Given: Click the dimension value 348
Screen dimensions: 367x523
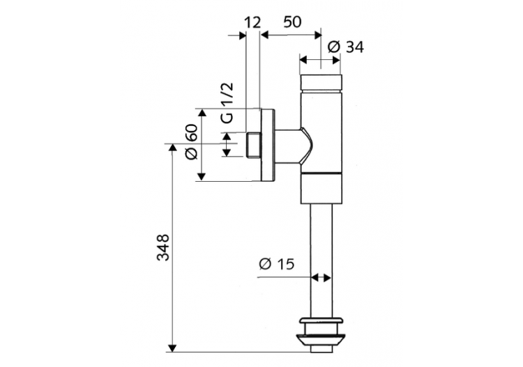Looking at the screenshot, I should [x=161, y=248].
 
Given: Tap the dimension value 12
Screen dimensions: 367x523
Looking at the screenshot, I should [x=252, y=22].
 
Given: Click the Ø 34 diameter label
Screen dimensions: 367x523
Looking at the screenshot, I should [x=344, y=47].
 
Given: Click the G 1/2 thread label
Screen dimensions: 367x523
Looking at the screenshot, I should [x=227, y=102].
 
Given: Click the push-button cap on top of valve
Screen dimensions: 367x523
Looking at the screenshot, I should [x=321, y=82].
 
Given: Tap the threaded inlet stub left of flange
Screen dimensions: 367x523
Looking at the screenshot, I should [x=253, y=145].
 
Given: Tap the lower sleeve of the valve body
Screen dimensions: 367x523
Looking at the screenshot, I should [x=321, y=187].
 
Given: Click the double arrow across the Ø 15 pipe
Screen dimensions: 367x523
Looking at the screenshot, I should [x=321, y=277].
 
